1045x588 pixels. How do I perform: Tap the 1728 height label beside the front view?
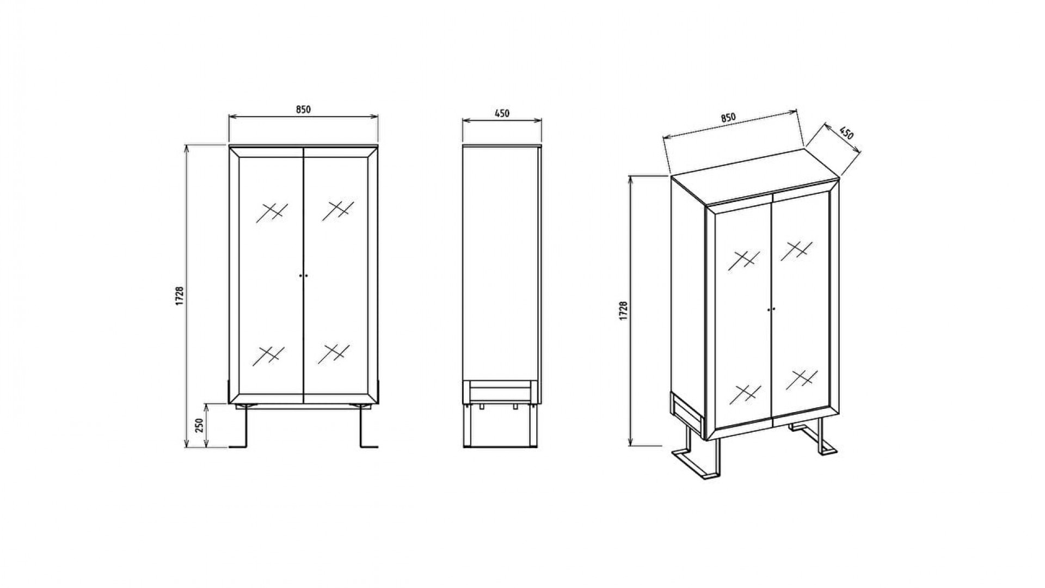pyautogui.click(x=180, y=296)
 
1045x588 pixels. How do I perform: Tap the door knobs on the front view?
pyautogui.click(x=303, y=276)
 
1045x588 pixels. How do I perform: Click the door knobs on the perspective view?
pyautogui.click(x=771, y=309)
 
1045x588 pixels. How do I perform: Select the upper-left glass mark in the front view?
pyautogui.click(x=271, y=212)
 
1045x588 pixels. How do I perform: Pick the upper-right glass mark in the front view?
pyautogui.click(x=338, y=210)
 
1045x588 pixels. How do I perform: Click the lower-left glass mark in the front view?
pyautogui.click(x=268, y=356)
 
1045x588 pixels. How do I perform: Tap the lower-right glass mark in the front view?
pyautogui.click(x=333, y=352)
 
